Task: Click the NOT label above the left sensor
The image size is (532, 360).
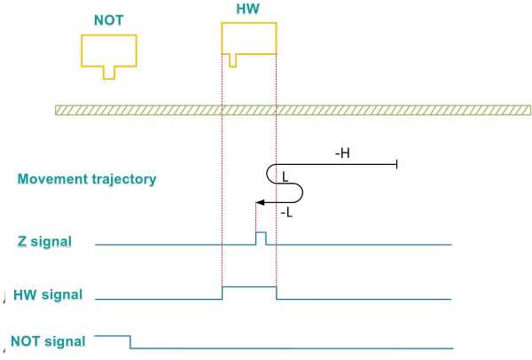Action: (109, 19)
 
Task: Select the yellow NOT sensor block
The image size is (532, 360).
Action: (109, 51)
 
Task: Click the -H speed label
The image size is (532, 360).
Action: (341, 153)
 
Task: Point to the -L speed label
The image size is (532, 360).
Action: (287, 214)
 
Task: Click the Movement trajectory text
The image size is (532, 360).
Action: (87, 179)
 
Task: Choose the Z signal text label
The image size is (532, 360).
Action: (46, 240)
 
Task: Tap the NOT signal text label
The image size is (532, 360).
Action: (48, 340)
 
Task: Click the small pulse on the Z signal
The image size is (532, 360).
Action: (261, 237)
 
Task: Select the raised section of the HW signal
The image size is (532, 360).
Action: (248, 287)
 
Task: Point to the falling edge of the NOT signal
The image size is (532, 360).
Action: (131, 341)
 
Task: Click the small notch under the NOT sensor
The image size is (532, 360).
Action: (109, 73)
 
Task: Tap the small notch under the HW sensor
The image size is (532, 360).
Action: (232, 60)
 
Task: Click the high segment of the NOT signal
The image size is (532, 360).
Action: (113, 336)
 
